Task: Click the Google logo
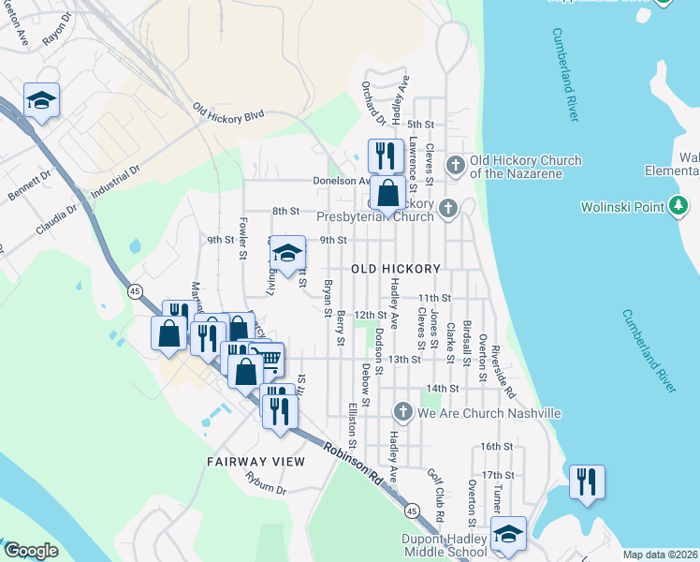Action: pyautogui.click(x=31, y=551)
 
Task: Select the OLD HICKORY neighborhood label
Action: pyautogui.click(x=395, y=269)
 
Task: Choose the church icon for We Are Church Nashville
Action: pyautogui.click(x=402, y=412)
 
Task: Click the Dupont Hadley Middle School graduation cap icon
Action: pyautogui.click(x=508, y=533)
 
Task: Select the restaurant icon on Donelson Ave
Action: pyautogui.click(x=386, y=154)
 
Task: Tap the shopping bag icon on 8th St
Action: pyautogui.click(x=386, y=193)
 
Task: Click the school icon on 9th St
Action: pyautogui.click(x=287, y=253)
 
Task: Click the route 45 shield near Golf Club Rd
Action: pyautogui.click(x=411, y=511)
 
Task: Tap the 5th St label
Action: pyautogui.click(x=423, y=124)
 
